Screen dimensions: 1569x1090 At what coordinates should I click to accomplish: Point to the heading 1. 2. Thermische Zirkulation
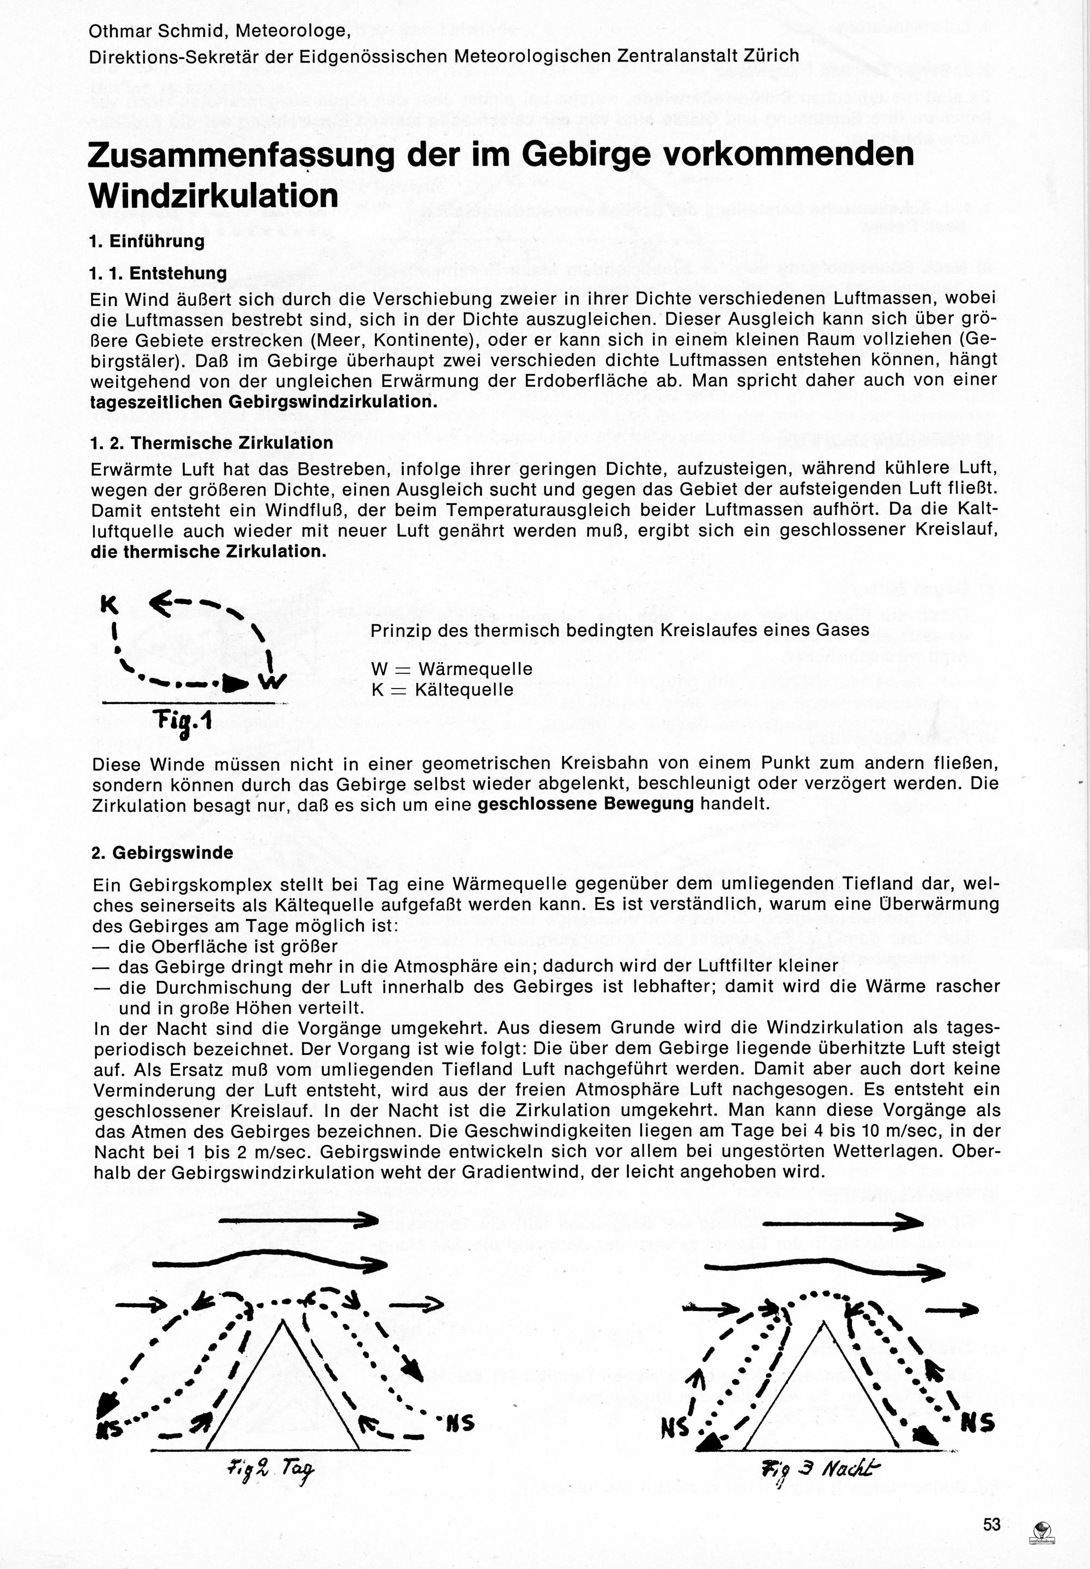tap(211, 443)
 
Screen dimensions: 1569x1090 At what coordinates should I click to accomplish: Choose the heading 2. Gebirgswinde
tap(162, 853)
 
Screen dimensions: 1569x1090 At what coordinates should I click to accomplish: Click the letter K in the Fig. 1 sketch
tap(110, 605)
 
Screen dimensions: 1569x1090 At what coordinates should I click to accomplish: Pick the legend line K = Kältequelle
tap(442, 689)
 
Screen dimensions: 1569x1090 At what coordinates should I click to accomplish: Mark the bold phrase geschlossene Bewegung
tap(586, 804)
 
